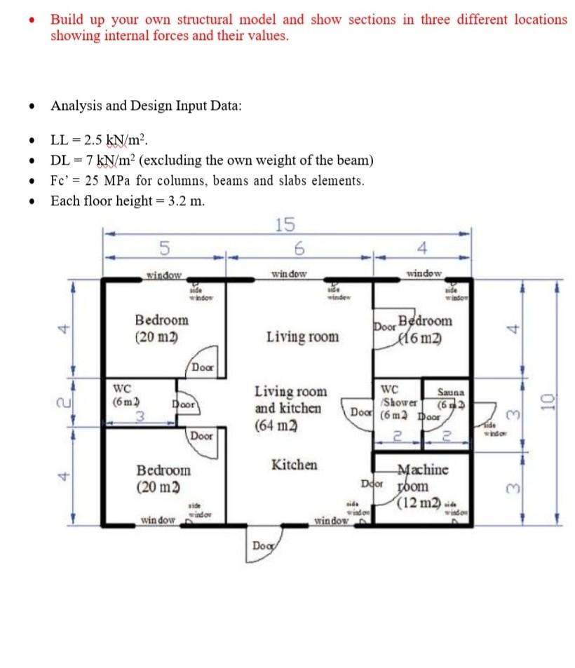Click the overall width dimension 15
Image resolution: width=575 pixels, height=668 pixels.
[285, 224]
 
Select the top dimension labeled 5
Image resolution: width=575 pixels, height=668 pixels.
[163, 247]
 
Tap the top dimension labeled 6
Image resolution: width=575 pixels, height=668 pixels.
[299, 247]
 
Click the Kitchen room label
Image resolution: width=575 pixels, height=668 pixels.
[294, 465]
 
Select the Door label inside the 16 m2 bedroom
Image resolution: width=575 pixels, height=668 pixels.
[384, 327]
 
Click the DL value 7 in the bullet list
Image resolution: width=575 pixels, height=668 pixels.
[88, 160]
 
